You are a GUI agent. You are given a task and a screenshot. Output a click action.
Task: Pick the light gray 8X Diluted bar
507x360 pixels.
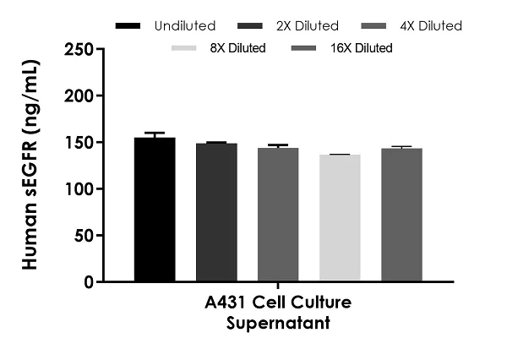tap(340, 217)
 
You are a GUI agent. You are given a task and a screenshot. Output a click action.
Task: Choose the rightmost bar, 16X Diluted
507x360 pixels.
tap(401, 215)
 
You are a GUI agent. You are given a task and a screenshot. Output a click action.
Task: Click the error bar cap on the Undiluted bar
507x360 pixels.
tap(155, 133)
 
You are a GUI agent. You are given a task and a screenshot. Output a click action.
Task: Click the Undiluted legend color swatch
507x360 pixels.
tap(128, 26)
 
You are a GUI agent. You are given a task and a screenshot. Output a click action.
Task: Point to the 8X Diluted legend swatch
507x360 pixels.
tap(185, 48)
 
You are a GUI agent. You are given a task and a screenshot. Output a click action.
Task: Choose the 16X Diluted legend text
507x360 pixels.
tap(361, 48)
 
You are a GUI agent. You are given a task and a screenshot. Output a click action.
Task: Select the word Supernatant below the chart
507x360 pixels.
tap(278, 322)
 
